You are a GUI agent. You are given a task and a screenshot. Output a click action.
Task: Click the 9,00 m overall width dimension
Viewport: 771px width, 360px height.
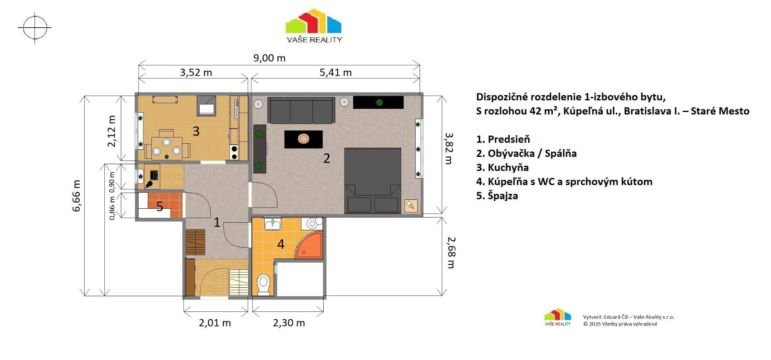(269, 58)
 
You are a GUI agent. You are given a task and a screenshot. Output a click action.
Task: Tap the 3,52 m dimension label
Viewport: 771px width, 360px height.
(196, 73)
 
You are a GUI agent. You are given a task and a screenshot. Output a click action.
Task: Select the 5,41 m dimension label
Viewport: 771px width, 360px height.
(335, 73)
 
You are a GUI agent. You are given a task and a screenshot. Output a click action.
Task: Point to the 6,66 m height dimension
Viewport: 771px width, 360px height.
(77, 195)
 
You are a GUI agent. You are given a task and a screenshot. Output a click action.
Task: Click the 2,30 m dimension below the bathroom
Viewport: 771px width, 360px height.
(289, 323)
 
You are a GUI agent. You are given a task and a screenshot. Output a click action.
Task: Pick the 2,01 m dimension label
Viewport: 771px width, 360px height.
(215, 323)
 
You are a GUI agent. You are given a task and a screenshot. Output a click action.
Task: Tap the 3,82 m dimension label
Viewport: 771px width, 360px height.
(449, 148)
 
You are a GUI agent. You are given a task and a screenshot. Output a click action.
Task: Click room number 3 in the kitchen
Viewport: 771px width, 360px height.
(196, 131)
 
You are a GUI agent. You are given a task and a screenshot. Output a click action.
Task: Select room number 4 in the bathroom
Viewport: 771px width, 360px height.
(281, 244)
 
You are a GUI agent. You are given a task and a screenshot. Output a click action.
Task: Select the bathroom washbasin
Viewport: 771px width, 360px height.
(273, 224)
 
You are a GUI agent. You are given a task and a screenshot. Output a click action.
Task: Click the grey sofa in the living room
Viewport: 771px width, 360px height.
(301, 110)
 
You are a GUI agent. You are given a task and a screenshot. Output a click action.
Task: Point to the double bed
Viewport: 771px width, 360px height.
(373, 180)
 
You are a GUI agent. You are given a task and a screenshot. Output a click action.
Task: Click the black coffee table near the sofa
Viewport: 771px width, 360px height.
(304, 139)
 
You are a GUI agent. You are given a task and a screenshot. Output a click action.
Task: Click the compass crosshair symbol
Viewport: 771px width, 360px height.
(35, 28)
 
